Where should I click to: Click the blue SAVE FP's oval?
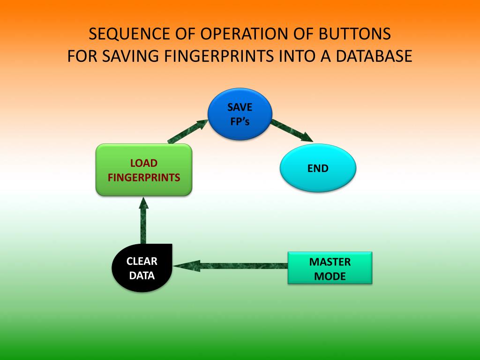click(240, 114)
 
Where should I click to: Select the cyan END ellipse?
click(318, 168)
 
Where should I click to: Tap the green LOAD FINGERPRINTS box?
click(144, 170)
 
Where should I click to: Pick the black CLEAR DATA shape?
click(142, 268)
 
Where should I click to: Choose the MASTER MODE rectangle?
click(330, 268)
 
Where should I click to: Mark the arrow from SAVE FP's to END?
click(292, 130)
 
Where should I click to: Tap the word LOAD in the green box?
click(143, 163)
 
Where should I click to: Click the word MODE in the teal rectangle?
click(330, 276)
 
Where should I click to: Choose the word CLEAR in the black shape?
click(142, 262)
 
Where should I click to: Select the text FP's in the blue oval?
click(240, 121)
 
